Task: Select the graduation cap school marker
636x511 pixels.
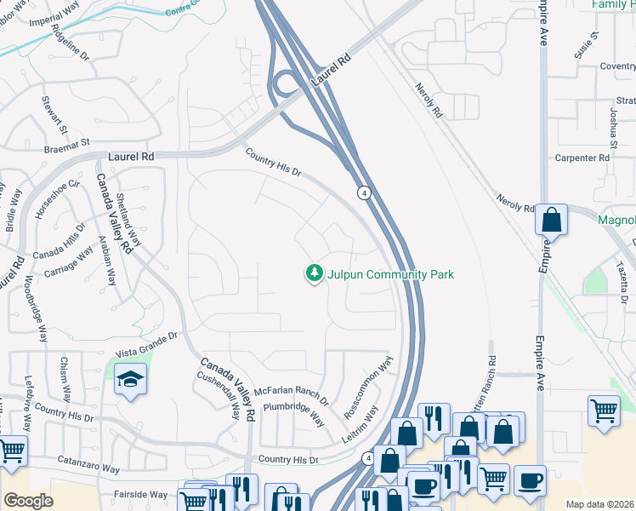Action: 130,378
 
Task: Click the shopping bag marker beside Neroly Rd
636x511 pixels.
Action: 551,220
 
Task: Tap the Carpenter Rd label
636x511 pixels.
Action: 582,158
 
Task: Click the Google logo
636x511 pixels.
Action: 28,501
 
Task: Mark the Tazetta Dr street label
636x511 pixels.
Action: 623,283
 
